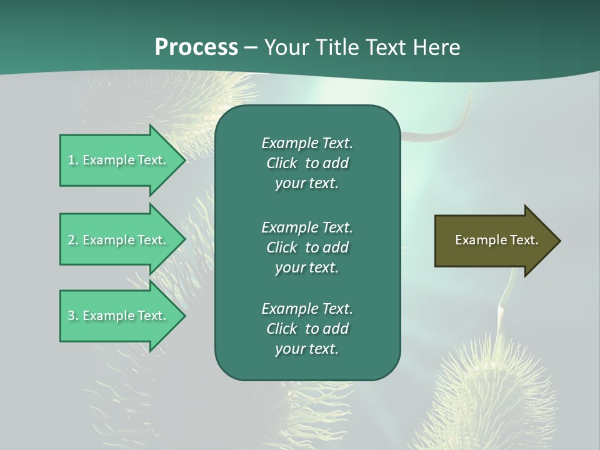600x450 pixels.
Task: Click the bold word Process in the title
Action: click(x=196, y=47)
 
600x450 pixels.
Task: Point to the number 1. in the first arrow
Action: click(x=73, y=160)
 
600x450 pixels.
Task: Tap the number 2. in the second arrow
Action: click(x=73, y=240)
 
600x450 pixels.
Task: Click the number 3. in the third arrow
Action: click(x=73, y=316)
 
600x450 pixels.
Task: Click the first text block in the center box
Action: click(x=307, y=163)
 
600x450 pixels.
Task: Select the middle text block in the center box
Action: click(x=307, y=247)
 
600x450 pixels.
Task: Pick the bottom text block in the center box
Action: click(x=307, y=329)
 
